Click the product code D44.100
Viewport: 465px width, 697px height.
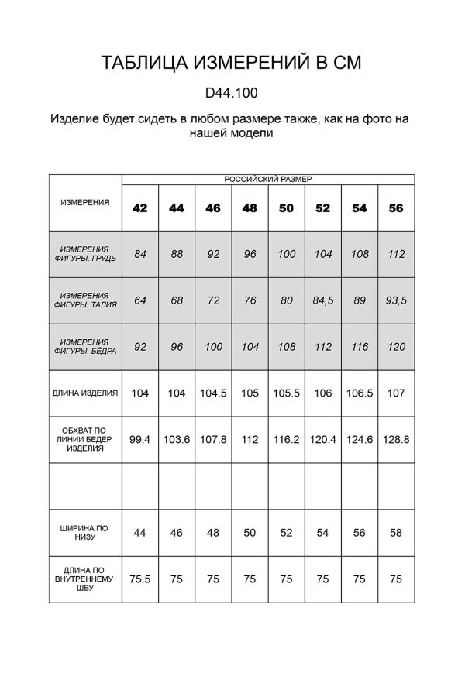coord(232,93)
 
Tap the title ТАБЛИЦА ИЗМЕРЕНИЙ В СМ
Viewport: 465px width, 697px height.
coord(232,63)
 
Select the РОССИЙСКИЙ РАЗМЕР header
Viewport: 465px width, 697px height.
coord(268,179)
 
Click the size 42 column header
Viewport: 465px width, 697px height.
coord(140,208)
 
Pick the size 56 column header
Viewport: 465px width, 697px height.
coord(396,208)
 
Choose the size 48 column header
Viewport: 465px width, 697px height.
coord(250,208)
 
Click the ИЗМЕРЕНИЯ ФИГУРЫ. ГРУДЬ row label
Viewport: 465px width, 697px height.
coord(85,254)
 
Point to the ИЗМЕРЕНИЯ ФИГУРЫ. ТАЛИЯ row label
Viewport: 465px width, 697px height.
coord(85,300)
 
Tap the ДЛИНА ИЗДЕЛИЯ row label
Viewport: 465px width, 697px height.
coord(85,393)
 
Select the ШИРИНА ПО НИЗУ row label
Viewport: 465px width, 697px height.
coord(85,532)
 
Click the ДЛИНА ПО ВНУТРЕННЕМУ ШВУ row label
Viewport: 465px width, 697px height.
coord(85,579)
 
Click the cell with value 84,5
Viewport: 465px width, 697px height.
coord(323,300)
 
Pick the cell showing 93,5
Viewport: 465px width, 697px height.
coord(396,300)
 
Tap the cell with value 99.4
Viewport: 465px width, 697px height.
coord(140,439)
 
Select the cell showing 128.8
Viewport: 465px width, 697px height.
coord(396,439)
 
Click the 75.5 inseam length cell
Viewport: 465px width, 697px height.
coord(140,579)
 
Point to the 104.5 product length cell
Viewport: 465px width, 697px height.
coord(213,393)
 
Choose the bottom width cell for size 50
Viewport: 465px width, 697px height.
coord(286,532)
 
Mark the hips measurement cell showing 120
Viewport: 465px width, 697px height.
coord(396,347)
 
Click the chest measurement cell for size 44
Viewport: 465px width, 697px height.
coord(177,254)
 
